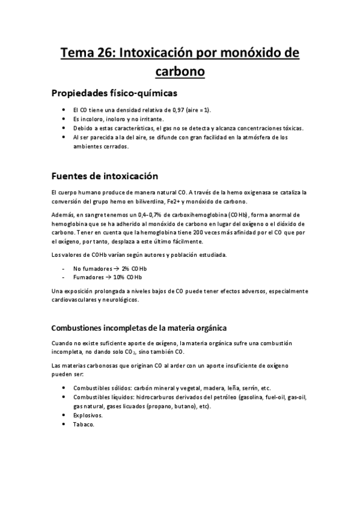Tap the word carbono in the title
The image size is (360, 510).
pos(180,72)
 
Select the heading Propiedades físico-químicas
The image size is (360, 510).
pos(114,93)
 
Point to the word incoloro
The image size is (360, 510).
pos(92,120)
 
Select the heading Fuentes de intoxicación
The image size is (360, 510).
pos(105,176)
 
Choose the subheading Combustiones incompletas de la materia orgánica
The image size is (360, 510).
pos(139,328)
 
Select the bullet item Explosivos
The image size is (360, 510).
pos(88,415)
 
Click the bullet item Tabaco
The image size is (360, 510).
pos(83,424)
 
